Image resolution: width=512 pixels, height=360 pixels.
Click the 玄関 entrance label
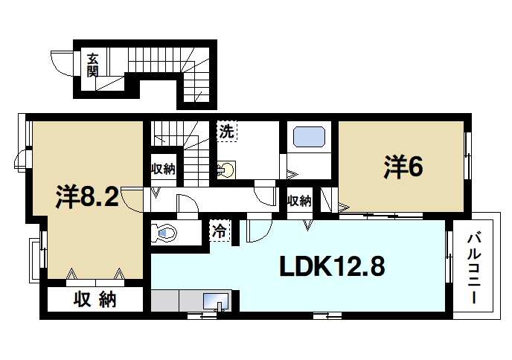pyautogui.click(x=92, y=65)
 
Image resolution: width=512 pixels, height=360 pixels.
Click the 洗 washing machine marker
pyautogui.click(x=226, y=132)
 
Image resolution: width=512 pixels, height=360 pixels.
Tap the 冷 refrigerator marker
pyautogui.click(x=220, y=231)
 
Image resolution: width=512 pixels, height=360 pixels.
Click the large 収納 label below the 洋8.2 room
pyautogui.click(x=95, y=300)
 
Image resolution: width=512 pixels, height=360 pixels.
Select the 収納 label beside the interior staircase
pyautogui.click(x=164, y=169)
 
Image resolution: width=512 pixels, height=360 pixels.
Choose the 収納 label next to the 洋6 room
pyautogui.click(x=299, y=202)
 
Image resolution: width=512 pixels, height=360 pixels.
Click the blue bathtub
pyautogui.click(x=308, y=137)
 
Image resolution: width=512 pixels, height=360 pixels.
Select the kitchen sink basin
pyautogui.click(x=217, y=300)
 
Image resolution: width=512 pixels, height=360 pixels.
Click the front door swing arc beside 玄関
pyautogui.click(x=64, y=62)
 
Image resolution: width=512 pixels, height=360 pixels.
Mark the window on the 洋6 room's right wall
pyautogui.click(x=468, y=155)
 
